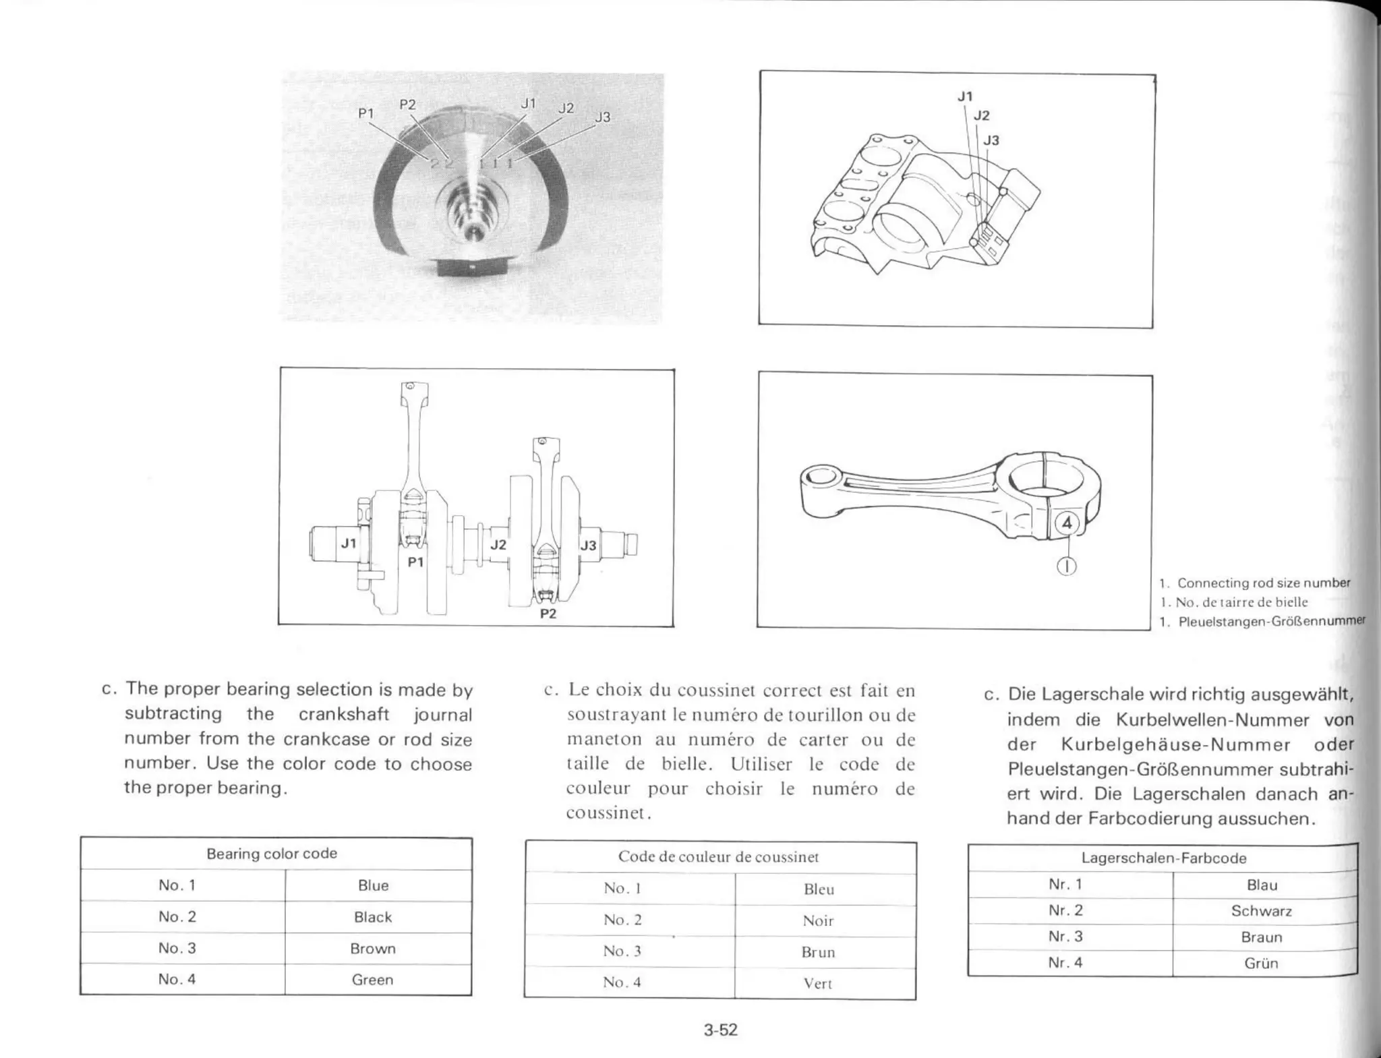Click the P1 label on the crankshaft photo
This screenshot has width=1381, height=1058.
[365, 114]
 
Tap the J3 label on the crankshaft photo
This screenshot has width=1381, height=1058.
[602, 117]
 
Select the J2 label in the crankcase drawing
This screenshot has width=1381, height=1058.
[982, 116]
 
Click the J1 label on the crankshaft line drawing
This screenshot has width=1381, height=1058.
[348, 543]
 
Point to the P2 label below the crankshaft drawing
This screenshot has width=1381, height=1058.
[548, 614]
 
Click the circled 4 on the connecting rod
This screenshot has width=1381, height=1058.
[1066, 523]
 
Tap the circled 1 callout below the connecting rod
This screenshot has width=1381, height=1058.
[1066, 566]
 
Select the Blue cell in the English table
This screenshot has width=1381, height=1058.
[373, 885]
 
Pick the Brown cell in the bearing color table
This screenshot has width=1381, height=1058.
[373, 948]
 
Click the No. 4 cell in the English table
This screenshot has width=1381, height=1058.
[177, 979]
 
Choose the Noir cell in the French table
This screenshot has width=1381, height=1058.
[818, 921]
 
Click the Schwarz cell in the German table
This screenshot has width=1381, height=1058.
[1261, 911]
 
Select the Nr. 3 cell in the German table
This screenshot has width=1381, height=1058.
[1065, 937]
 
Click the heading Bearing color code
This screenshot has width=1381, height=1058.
[272, 854]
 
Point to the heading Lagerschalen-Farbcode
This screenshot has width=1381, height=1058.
[1164, 858]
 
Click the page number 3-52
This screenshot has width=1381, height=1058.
[720, 1030]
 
